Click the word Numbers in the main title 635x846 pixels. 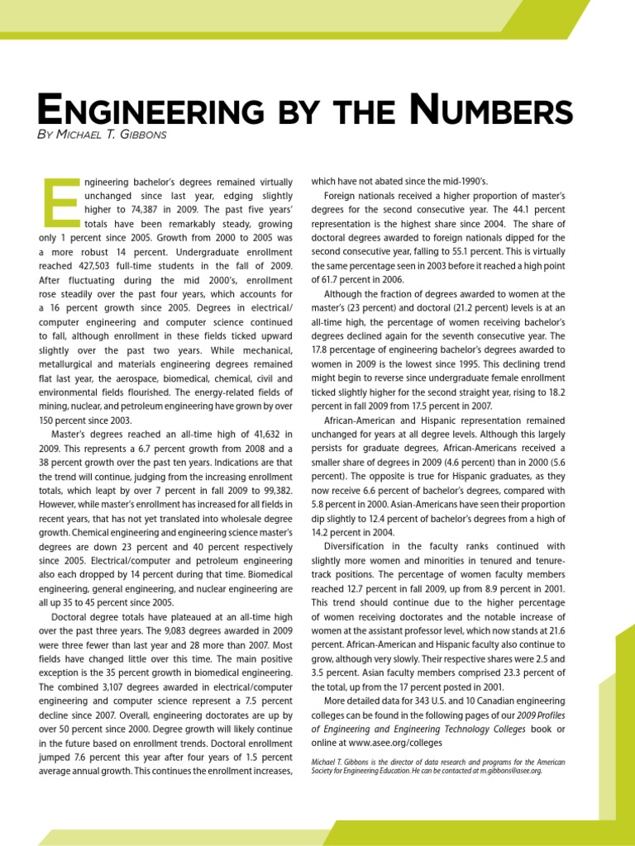click(x=494, y=111)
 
